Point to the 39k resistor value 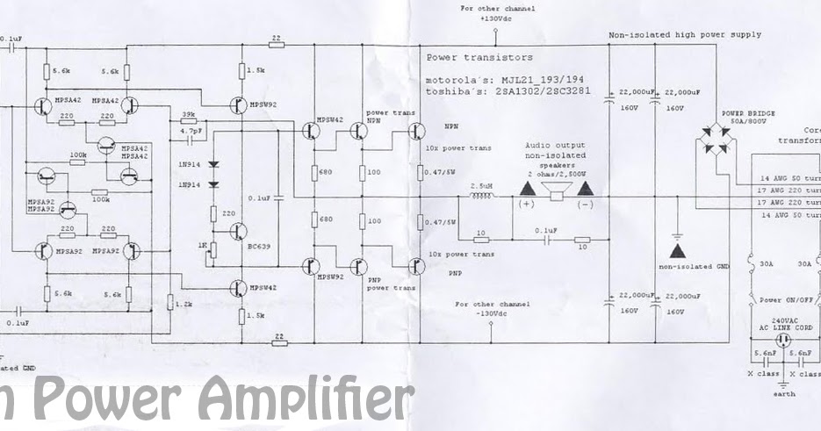coord(188,114)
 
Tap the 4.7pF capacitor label coord(190,130)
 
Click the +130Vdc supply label coord(495,18)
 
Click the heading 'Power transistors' coord(479,58)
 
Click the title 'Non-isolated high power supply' coord(685,35)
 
